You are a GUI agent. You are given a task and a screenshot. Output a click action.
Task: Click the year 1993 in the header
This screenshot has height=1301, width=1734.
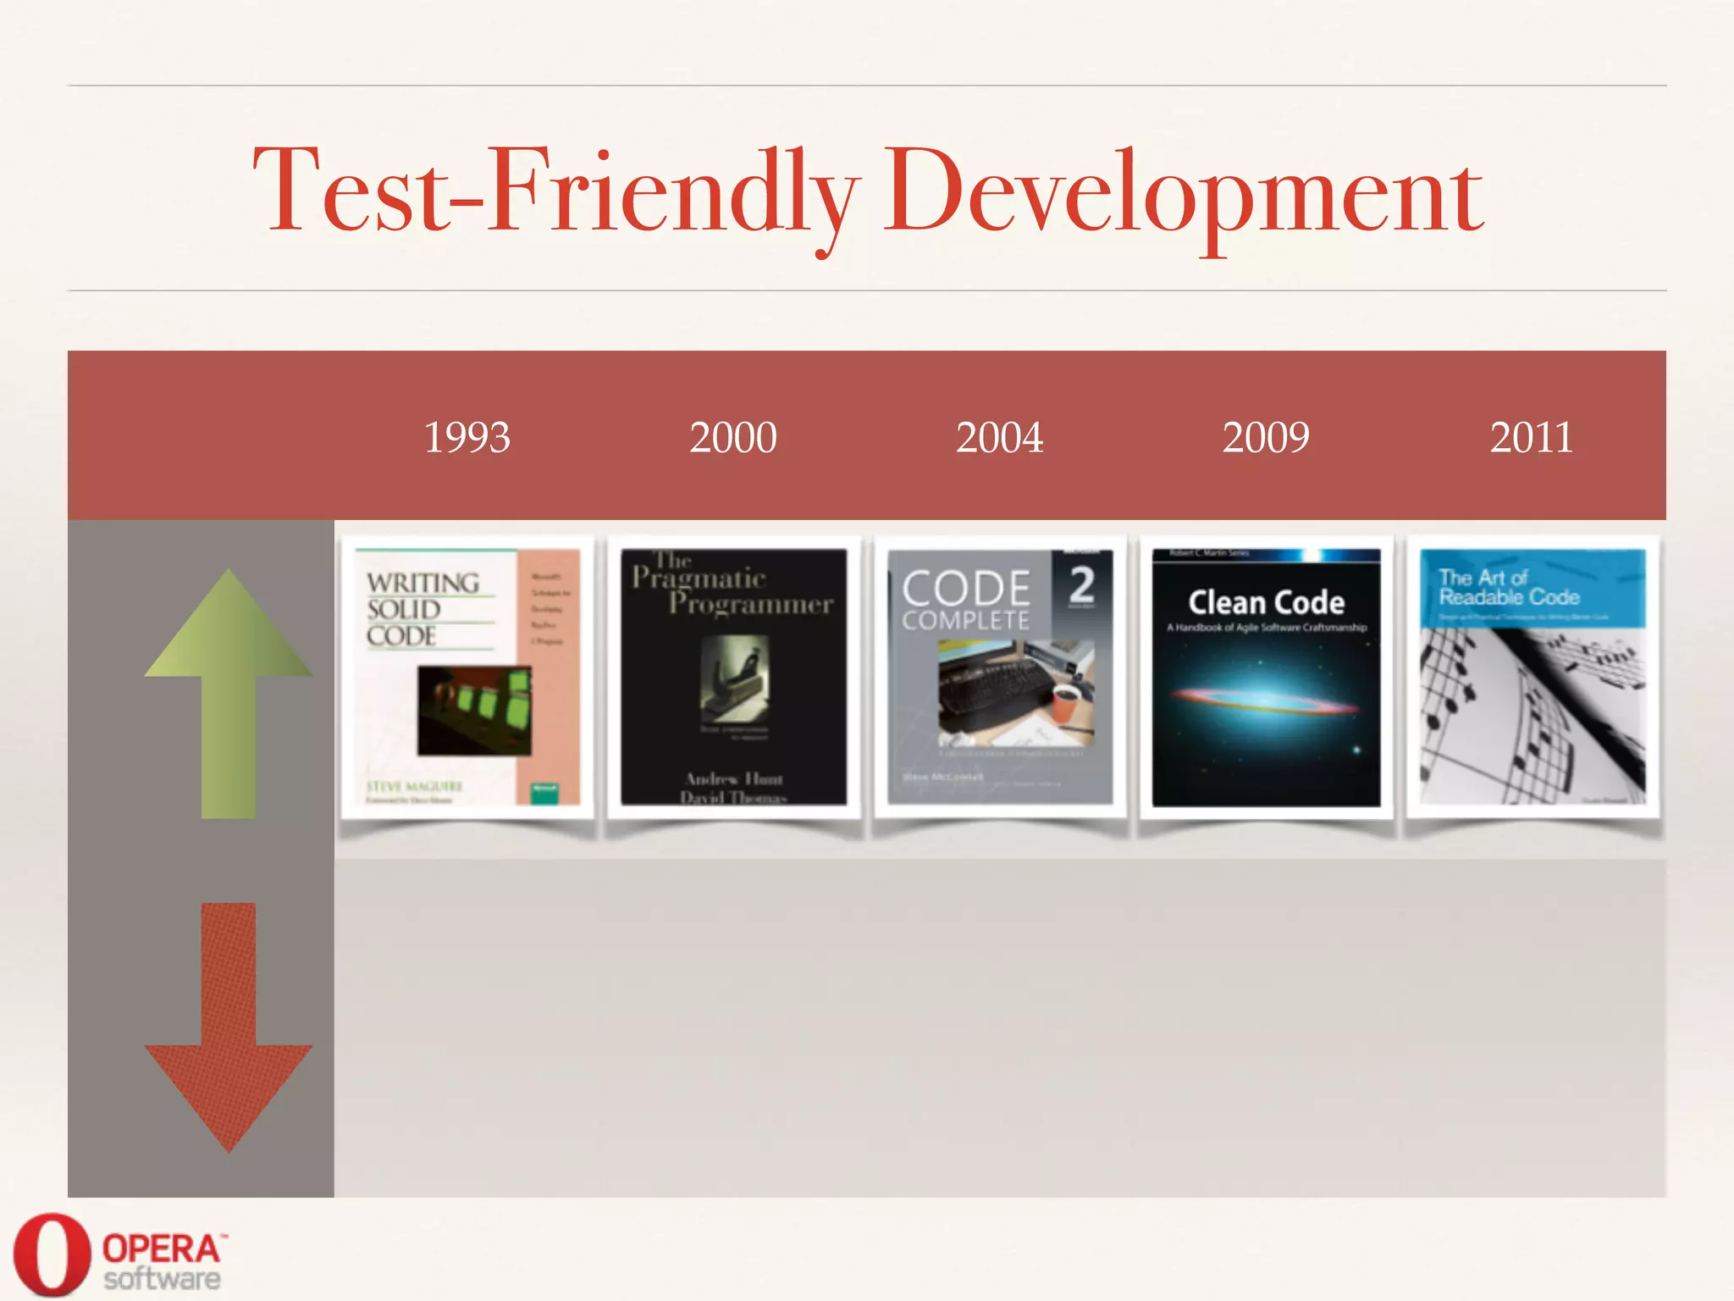click(x=467, y=438)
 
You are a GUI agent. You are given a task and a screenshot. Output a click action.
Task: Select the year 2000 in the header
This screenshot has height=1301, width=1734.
click(x=733, y=438)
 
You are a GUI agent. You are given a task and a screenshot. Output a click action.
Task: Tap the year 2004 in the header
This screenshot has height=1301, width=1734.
click(x=999, y=438)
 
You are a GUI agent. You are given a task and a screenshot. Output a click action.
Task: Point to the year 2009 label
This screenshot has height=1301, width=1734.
click(x=1266, y=438)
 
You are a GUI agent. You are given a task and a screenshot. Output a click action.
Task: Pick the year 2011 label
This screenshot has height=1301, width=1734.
click(x=1532, y=438)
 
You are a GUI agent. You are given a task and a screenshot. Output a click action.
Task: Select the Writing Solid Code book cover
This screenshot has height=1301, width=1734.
click(x=467, y=677)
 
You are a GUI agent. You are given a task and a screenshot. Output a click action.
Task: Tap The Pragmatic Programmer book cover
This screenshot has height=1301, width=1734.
click(x=733, y=677)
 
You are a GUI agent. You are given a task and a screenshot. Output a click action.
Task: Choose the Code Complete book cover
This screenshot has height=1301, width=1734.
click(x=1000, y=677)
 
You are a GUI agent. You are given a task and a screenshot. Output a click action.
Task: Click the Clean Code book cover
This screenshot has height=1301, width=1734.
click(x=1266, y=677)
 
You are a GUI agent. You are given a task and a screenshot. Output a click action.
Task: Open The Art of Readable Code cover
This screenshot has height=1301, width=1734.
click(x=1532, y=677)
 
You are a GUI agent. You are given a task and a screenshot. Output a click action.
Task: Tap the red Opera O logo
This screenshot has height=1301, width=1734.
click(x=52, y=1255)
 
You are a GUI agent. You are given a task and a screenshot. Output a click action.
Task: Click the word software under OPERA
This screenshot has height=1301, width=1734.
click(x=162, y=1278)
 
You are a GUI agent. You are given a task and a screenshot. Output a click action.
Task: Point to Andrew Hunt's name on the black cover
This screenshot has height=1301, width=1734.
click(x=734, y=778)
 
